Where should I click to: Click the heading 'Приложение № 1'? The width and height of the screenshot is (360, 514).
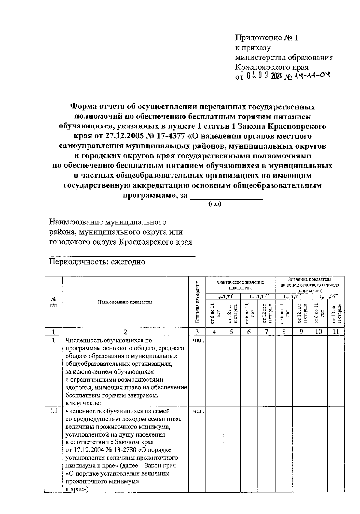click(x=267, y=38)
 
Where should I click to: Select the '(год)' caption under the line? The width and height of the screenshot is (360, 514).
click(x=215, y=204)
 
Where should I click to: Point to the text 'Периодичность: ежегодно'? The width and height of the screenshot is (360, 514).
click(x=97, y=262)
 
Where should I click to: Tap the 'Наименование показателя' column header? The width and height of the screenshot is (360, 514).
click(x=125, y=302)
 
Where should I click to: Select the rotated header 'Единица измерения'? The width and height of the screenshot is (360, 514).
click(x=197, y=302)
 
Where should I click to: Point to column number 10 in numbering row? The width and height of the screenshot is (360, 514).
click(x=319, y=332)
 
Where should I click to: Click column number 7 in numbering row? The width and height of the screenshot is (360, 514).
click(x=266, y=332)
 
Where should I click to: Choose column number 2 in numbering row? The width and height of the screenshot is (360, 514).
click(x=125, y=332)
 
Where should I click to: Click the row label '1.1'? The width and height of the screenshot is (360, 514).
click(x=53, y=411)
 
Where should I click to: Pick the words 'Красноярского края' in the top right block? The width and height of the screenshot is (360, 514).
click(x=272, y=67)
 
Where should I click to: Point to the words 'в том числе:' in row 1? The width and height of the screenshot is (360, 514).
click(x=83, y=403)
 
